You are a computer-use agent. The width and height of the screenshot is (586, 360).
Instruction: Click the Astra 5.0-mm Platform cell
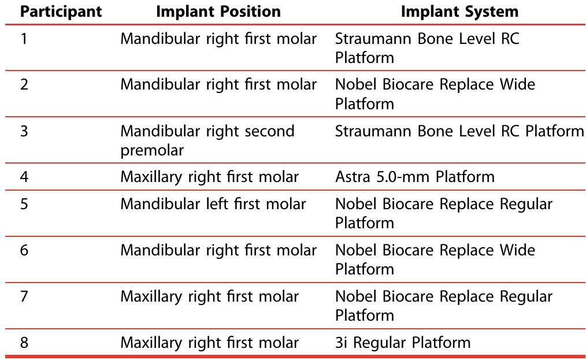pyautogui.click(x=414, y=176)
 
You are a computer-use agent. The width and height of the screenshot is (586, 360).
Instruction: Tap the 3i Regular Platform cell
pyautogui.click(x=403, y=343)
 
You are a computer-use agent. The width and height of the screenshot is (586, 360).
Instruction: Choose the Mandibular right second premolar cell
pyautogui.click(x=207, y=140)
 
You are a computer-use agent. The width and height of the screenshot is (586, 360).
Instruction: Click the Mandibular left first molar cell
pyautogui.click(x=213, y=204)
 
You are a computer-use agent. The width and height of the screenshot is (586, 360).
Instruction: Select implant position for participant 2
pyautogui.click(x=218, y=85)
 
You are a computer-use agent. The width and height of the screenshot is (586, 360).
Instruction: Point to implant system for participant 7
pyautogui.click(x=443, y=306)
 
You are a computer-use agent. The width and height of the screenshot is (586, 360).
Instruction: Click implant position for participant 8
pyautogui.click(x=209, y=343)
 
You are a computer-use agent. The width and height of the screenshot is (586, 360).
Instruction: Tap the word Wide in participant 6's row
pyautogui.click(x=515, y=250)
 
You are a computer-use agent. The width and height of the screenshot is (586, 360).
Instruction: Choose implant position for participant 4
pyautogui.click(x=209, y=176)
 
